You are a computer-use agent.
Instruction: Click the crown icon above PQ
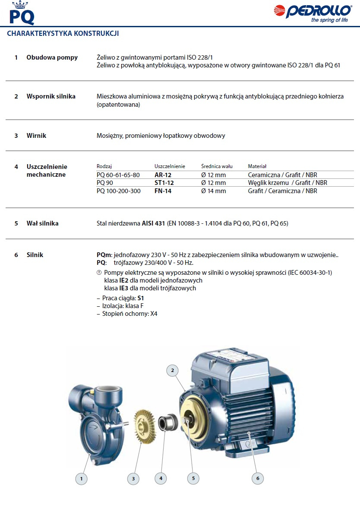[19, 5]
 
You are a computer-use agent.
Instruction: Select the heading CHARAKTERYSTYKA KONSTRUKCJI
[63, 33]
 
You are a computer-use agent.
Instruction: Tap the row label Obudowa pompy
[52, 57]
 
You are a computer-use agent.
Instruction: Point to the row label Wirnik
[36, 136]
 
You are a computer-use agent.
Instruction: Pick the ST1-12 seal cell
[164, 183]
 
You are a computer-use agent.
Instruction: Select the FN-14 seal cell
[163, 191]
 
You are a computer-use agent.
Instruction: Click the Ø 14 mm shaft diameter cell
[213, 191]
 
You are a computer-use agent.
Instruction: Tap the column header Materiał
[257, 166]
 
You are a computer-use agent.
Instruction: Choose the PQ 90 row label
[106, 183]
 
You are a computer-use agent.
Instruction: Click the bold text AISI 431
[153, 224]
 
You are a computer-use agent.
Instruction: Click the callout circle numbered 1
[81, 478]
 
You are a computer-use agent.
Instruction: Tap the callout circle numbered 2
[172, 370]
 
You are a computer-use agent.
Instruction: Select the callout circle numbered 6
[258, 478]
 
